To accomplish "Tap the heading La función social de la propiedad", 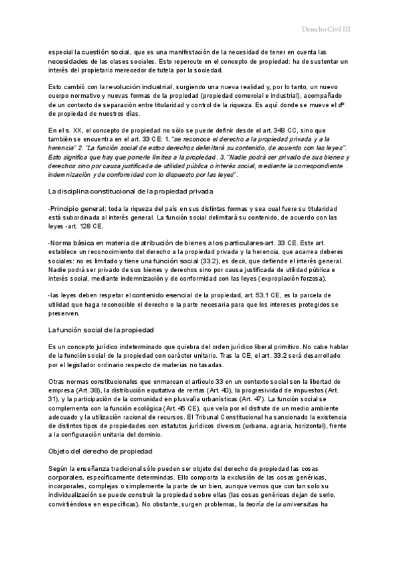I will [x=101, y=329].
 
